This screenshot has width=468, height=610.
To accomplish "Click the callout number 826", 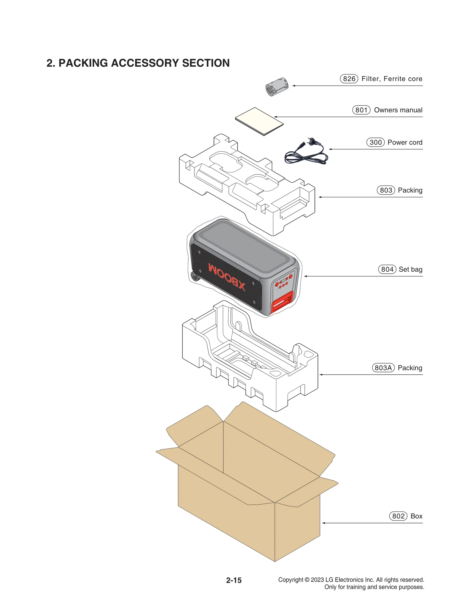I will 349,79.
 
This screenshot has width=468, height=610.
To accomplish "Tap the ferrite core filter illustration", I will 277,87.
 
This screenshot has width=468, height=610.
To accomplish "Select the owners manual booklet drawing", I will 259,121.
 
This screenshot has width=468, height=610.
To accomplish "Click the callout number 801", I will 361,110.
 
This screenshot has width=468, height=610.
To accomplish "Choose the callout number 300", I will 376,142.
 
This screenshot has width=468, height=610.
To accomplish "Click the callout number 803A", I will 383,368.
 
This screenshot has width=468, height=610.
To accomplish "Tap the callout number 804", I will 387,269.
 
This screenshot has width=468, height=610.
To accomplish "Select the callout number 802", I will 398,516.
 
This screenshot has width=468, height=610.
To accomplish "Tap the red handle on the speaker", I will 282,301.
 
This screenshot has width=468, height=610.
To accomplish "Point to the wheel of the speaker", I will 195,276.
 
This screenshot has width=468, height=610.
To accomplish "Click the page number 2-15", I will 234,580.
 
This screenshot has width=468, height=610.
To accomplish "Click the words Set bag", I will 410,269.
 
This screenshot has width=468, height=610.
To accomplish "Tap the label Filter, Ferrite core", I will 392,79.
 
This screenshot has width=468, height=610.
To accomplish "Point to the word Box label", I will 416,516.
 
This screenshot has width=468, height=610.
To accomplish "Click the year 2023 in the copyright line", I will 317,580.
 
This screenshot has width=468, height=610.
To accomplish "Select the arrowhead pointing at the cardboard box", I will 324,523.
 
